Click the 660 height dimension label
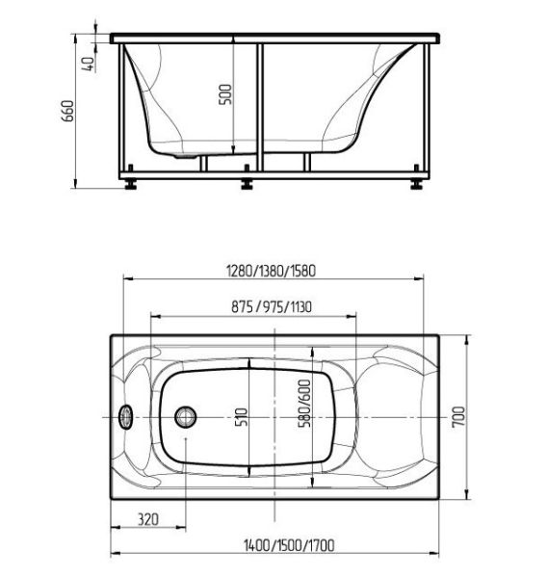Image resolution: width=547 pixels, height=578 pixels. tap(68, 111)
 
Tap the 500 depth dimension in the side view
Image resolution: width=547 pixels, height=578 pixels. tap(225, 94)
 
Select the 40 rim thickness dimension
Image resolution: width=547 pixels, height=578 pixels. tap(89, 65)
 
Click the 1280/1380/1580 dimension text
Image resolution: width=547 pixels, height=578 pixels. tap(271, 271)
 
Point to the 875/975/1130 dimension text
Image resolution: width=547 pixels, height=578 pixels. tap(272, 306)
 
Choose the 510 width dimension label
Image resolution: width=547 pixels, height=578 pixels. tap(242, 417)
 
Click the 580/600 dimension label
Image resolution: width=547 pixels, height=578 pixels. tap(304, 404)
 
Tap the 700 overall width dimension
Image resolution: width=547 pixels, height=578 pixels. tap(459, 417)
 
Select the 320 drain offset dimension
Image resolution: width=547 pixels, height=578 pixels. tap(148, 519)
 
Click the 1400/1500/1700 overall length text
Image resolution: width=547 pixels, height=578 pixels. tap(289, 545)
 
